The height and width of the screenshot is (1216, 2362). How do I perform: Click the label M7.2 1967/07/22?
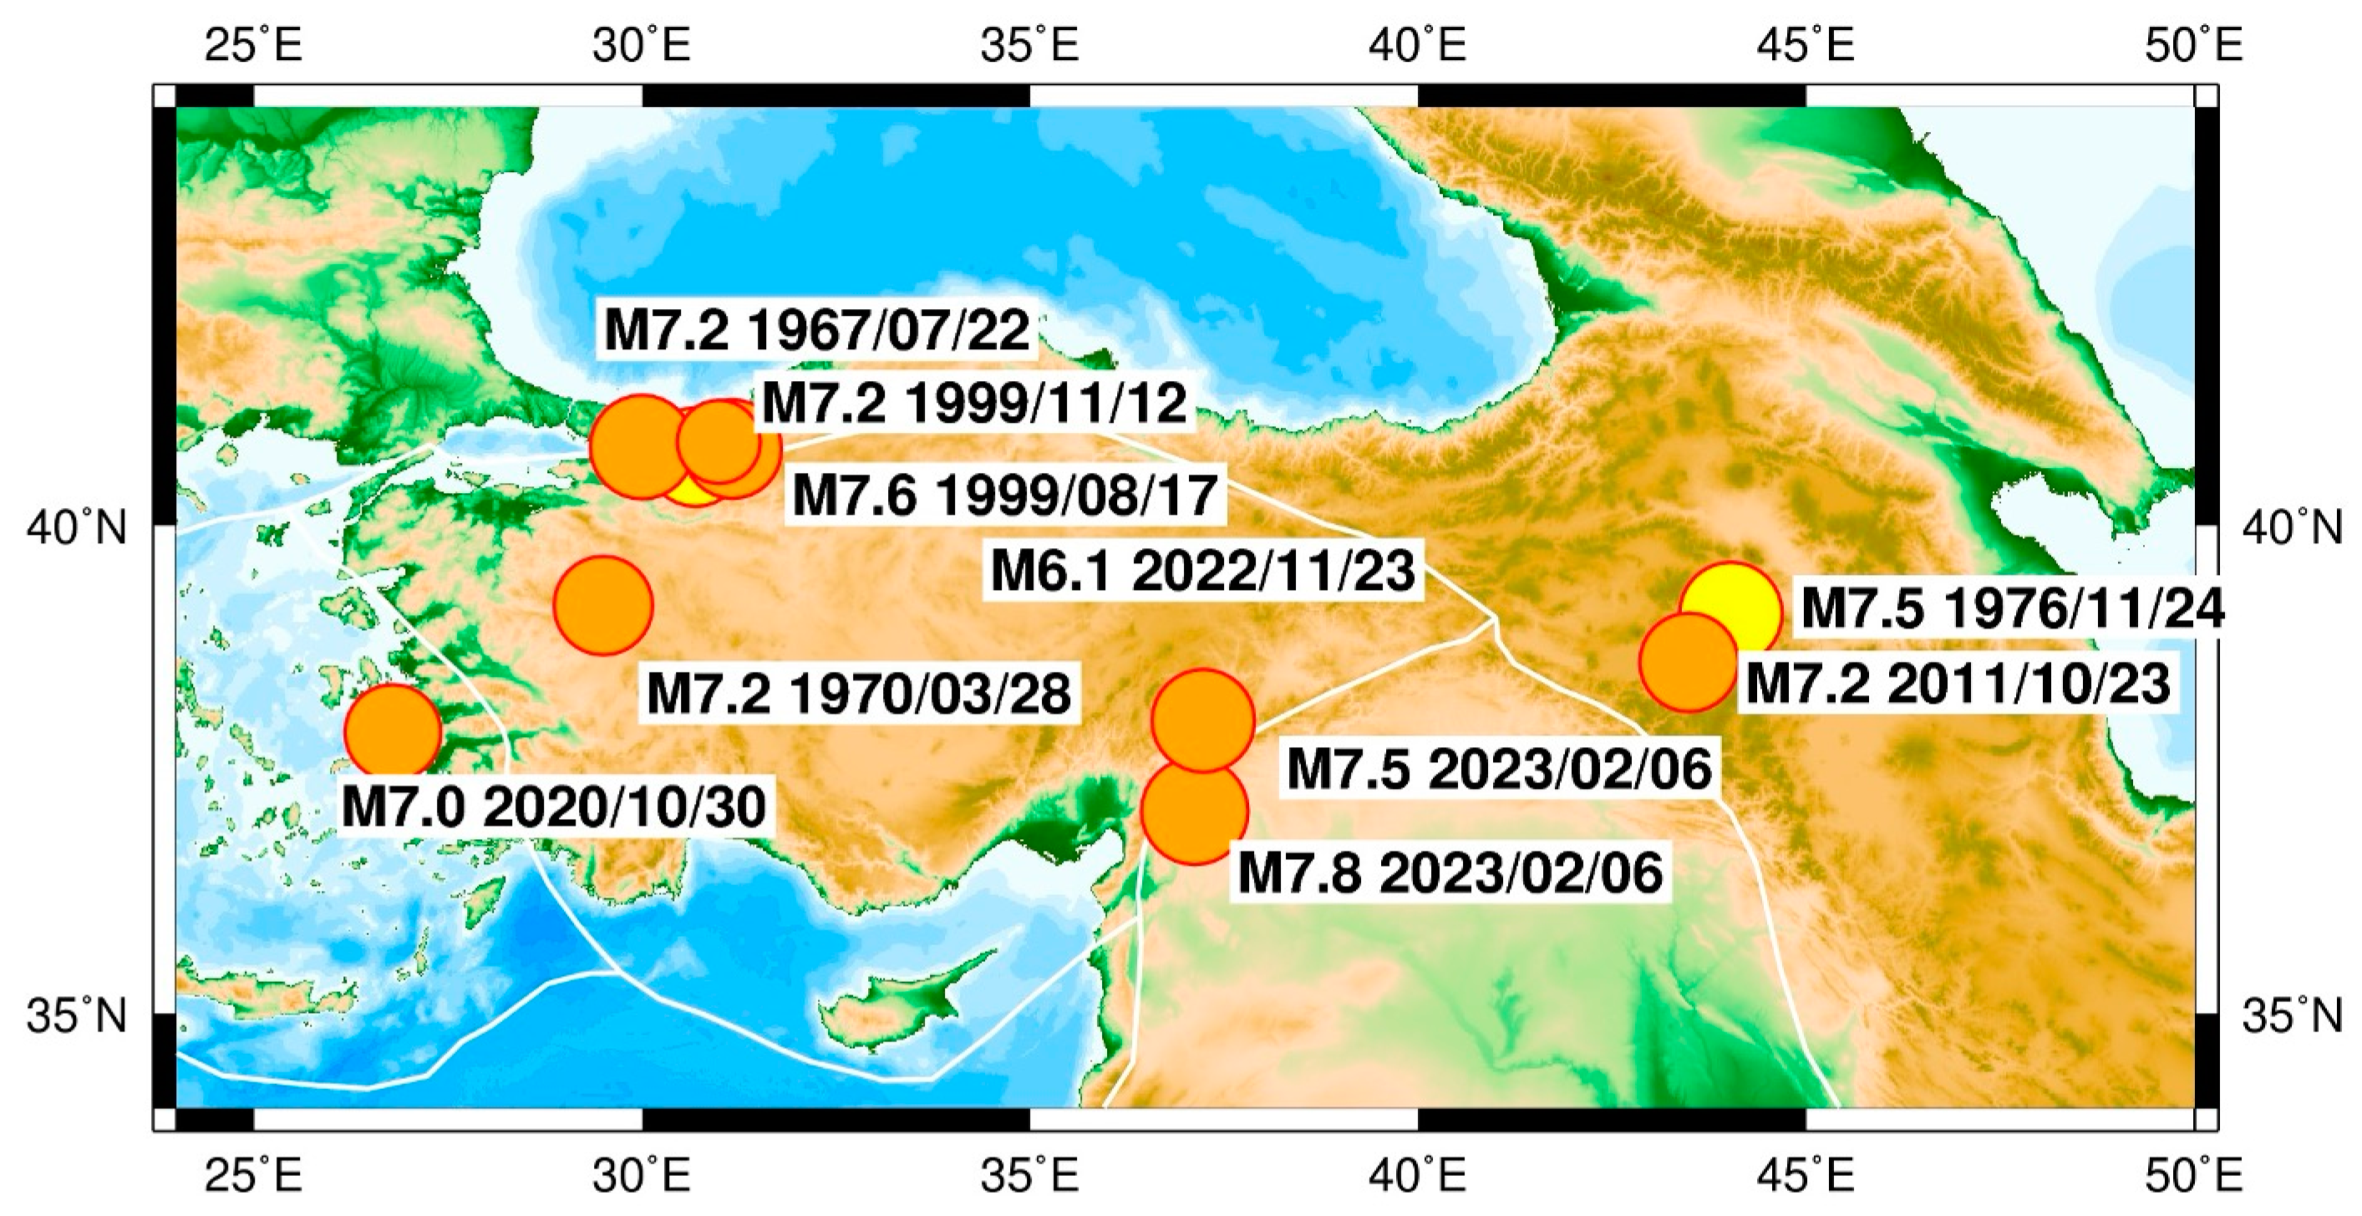[x=817, y=330]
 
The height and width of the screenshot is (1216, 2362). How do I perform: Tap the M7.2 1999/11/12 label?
[x=975, y=403]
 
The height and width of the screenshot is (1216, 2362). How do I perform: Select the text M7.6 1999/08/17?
[x=1005, y=496]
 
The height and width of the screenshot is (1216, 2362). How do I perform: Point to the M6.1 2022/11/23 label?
[x=1203, y=572]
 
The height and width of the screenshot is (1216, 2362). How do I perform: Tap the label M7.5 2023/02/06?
[x=1499, y=769]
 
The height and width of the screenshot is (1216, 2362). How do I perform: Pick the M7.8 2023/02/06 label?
[x=1450, y=873]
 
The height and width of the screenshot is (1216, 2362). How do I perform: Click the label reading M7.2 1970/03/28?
[x=858, y=694]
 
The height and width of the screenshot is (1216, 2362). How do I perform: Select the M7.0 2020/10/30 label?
[x=554, y=808]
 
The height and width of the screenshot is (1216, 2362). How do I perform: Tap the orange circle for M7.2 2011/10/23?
[x=1687, y=662]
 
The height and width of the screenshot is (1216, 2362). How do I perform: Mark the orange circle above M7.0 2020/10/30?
[x=394, y=732]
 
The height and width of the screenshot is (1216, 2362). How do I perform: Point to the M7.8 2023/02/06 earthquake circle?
[x=1194, y=812]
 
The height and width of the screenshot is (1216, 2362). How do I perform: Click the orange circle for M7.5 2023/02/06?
[x=1203, y=719]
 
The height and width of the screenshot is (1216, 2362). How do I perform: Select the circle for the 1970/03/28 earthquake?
[x=602, y=605]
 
